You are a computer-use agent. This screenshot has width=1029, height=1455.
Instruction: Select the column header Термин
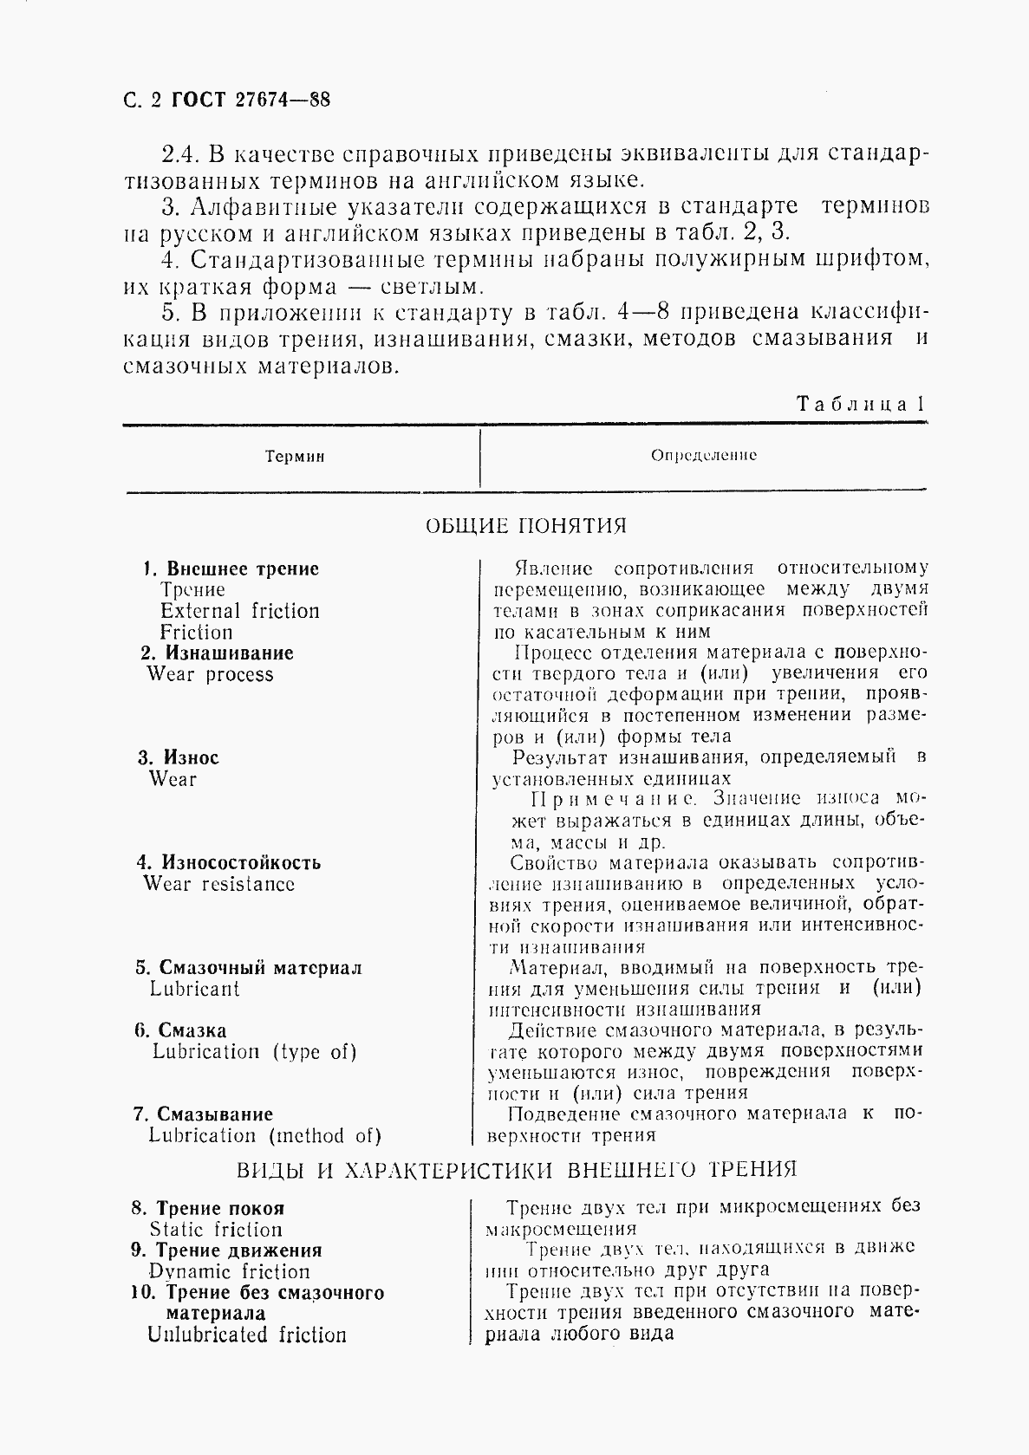point(295,457)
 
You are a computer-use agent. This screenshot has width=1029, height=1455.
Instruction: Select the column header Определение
point(704,455)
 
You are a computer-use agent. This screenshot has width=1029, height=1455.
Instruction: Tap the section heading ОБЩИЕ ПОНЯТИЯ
point(526,526)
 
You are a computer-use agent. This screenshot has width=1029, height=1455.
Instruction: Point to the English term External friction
point(240,611)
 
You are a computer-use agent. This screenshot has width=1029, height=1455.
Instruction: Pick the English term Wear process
point(210,674)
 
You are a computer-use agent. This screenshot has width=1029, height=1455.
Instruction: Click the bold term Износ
point(191,757)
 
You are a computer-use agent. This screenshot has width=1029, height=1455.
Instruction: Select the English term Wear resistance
point(219,884)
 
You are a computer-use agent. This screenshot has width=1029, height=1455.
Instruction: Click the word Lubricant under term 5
point(194,989)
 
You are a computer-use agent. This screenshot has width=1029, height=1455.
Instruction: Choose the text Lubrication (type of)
point(254,1052)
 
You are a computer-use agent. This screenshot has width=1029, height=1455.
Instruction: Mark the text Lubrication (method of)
point(264,1136)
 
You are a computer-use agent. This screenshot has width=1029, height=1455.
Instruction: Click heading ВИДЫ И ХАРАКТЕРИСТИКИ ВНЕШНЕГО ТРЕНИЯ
point(517,1171)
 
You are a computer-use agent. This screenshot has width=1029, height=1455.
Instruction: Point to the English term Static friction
point(216,1230)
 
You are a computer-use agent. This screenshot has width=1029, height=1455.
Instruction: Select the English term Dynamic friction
point(229,1272)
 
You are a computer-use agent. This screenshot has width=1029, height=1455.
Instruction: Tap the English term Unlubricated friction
point(247,1335)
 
